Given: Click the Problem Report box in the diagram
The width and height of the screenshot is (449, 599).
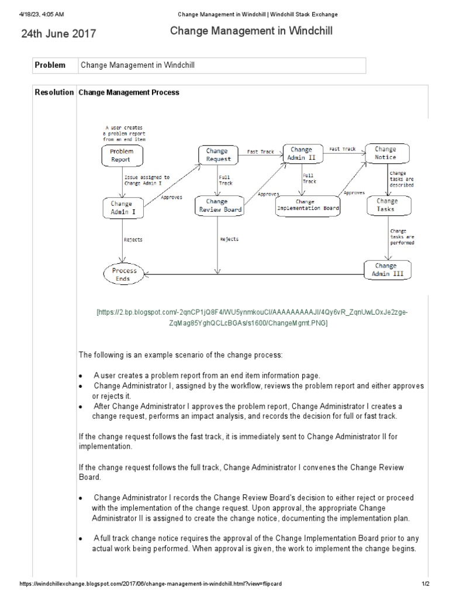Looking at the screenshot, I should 122,155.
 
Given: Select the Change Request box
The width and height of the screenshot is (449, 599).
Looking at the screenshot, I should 218,155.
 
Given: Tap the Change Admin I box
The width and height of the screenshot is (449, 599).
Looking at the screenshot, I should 122,208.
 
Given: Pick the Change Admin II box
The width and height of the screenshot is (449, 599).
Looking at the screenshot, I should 301,153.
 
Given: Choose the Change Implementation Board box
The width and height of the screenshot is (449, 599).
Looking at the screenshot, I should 308,205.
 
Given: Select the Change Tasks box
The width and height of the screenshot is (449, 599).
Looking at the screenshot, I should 386,205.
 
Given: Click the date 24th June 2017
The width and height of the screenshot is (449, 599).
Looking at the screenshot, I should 59,34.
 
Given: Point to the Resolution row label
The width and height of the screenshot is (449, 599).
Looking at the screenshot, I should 54,92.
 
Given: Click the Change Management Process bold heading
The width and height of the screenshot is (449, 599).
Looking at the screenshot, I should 129,92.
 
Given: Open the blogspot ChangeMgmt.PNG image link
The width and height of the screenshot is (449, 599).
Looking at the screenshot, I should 252,318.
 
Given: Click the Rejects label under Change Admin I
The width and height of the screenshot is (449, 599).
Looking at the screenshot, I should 133,239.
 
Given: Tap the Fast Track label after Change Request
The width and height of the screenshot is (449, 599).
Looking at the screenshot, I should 260,152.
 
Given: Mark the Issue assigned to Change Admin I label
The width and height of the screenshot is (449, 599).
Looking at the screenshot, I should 146,180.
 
